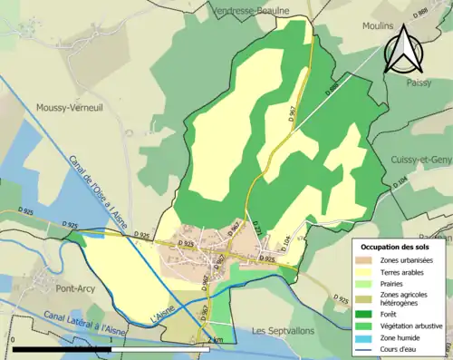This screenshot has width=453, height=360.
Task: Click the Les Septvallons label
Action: [x=284, y=330]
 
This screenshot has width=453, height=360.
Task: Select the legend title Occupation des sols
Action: [x=395, y=246]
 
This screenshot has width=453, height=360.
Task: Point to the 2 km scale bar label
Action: [x=215, y=340]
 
